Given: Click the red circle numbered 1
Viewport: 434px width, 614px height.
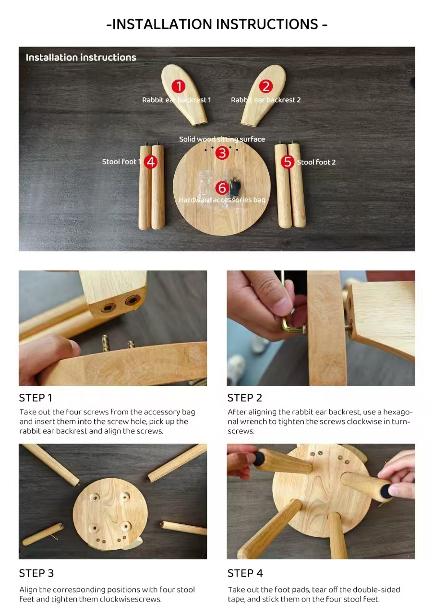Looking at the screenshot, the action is [178, 86].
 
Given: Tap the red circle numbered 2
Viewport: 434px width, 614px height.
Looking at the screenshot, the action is [266, 86].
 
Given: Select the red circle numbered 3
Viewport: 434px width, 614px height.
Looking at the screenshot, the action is [222, 153].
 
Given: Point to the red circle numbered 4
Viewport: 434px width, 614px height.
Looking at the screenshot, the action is [151, 162].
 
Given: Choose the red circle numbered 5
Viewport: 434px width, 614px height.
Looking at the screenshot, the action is [288, 162].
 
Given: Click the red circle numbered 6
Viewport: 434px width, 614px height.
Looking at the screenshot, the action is [222, 188].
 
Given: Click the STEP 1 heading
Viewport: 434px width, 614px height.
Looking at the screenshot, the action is [36, 398].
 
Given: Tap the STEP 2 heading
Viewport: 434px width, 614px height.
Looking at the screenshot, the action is [245, 398].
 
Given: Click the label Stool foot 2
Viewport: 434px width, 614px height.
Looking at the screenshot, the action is [316, 162].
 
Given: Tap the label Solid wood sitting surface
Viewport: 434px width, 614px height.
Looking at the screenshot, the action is [222, 139].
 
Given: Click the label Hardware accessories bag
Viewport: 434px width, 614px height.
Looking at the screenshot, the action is [222, 200].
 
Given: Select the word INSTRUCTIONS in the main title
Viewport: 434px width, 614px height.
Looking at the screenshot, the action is [267, 24].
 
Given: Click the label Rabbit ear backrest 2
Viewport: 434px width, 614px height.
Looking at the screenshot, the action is [265, 100].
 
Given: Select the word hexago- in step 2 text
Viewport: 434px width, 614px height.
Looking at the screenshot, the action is [398, 412].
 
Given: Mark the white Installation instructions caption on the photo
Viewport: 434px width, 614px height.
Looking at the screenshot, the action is [81, 58].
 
